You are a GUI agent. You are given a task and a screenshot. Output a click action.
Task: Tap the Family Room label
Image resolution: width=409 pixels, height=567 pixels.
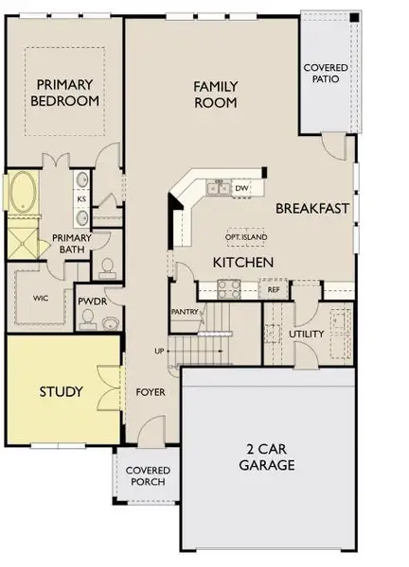coord(216,94)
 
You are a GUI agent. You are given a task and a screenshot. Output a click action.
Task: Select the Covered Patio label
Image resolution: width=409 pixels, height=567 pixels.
coord(325,74)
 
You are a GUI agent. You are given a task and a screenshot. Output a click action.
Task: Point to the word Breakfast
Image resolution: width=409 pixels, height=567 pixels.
coord(313,208)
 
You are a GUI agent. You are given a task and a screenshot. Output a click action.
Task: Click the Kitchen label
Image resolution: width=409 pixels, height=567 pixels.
coord(243,262)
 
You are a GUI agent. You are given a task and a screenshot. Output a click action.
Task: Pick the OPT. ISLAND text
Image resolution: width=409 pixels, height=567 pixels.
coord(244,236)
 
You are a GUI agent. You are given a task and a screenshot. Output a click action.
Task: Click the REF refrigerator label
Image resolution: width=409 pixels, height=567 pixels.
coord(274,290)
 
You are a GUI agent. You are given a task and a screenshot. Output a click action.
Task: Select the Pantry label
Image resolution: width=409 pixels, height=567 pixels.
coord(184,310)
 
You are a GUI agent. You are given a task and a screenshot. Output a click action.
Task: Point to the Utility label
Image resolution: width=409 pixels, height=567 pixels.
coord(306,335)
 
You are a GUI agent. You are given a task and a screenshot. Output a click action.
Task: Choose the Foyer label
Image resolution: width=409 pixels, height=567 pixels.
coord(151,391)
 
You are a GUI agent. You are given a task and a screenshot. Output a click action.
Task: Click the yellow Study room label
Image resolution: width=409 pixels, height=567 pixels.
coord(61,391)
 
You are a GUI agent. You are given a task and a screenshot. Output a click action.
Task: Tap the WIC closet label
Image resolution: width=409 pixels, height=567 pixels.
coord(41,298)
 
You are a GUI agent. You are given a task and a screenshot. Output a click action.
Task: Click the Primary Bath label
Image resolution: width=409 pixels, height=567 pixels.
coord(70,243)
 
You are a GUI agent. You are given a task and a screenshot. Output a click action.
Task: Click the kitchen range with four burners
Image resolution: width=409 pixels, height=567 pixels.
coord(228,288)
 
